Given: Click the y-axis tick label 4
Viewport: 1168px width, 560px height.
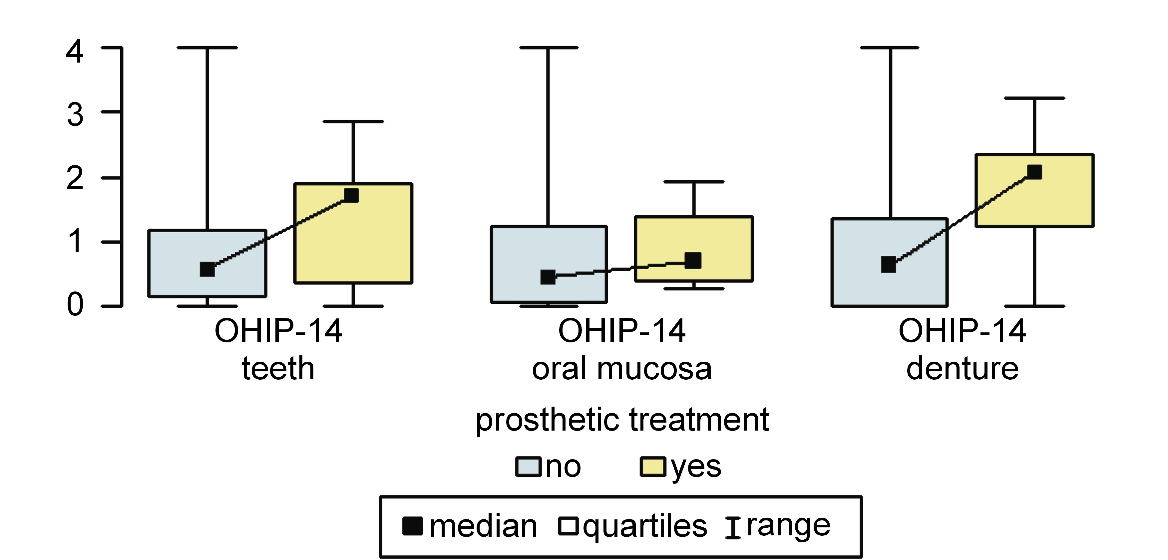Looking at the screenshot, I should click(x=75, y=51).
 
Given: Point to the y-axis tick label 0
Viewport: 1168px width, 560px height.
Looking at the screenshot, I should click(x=75, y=304).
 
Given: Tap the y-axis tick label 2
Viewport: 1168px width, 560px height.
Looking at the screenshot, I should click(x=75, y=178).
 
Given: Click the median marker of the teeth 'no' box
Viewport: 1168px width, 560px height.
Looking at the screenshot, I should click(x=207, y=269).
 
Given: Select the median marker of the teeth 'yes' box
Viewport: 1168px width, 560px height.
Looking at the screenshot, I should click(x=351, y=195).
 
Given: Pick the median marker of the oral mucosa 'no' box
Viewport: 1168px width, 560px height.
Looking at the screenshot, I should click(x=548, y=277).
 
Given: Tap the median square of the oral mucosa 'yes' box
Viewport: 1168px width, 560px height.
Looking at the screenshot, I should click(x=693, y=261).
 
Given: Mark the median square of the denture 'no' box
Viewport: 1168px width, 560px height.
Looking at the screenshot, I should click(x=889, y=264).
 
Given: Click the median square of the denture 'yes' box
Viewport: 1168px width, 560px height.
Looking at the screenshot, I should click(x=1034, y=172).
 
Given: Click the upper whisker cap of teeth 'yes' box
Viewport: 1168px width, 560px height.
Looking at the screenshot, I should click(x=353, y=121).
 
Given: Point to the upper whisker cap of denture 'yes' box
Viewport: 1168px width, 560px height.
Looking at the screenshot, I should click(x=1035, y=98).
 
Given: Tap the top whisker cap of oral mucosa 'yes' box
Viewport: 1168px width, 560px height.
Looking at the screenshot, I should click(x=694, y=182).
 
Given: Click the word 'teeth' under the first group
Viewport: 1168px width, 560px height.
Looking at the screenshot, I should click(x=278, y=368).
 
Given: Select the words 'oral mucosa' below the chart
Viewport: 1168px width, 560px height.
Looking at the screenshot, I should click(x=621, y=369).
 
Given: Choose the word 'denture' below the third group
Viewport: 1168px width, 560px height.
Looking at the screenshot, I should click(x=962, y=368).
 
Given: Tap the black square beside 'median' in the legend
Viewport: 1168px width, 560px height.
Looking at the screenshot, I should click(x=413, y=526).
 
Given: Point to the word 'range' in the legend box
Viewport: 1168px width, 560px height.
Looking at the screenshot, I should click(x=788, y=526).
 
